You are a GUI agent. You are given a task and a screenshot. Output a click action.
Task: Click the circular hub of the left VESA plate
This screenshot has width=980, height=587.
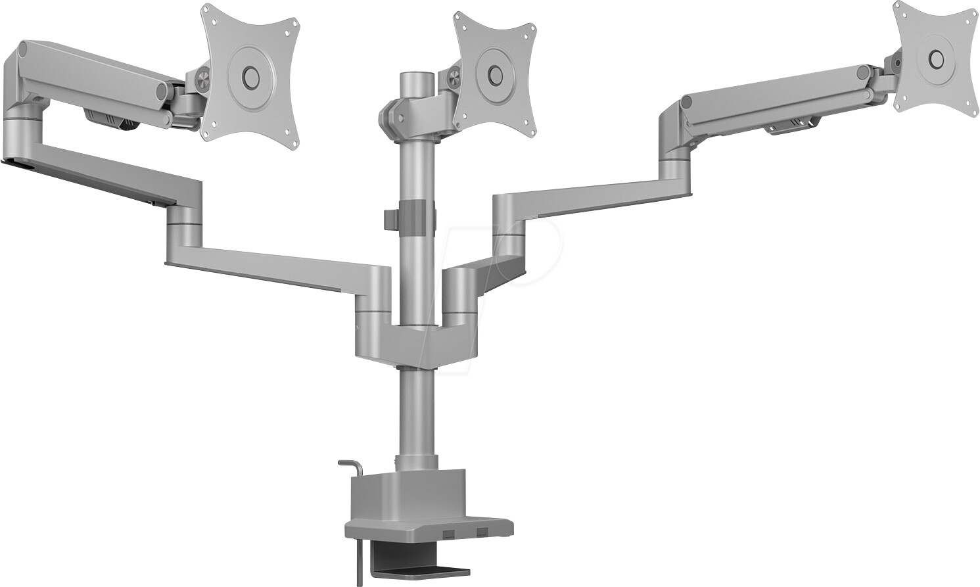click(x=250, y=74)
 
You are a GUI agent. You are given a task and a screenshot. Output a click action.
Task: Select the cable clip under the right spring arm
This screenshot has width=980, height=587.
click(x=789, y=124)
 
